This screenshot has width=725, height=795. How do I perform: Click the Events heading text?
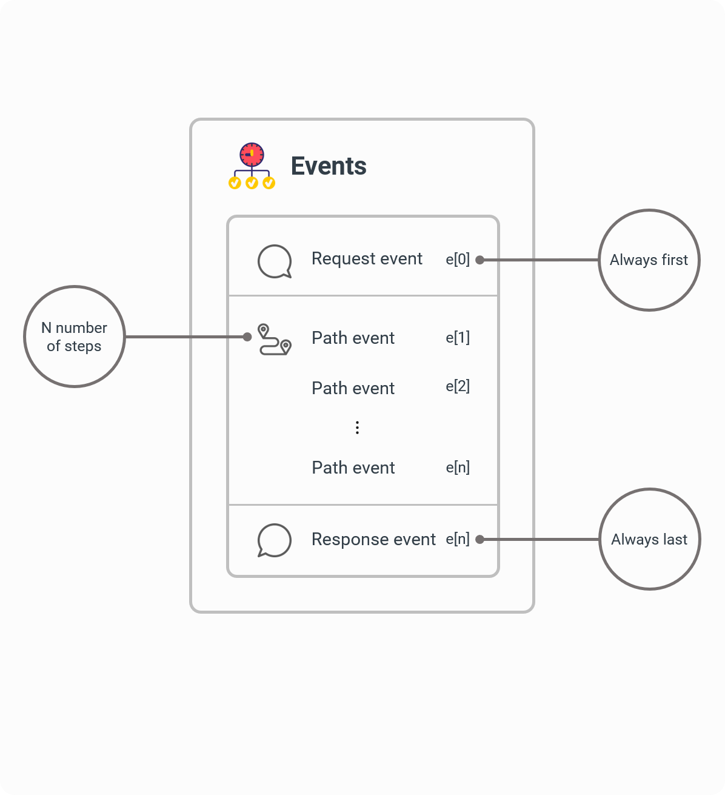click(x=329, y=166)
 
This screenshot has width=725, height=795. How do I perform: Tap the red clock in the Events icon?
click(x=252, y=154)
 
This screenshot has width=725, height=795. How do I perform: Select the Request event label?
click(x=367, y=259)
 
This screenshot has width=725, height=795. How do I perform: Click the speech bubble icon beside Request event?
click(x=275, y=261)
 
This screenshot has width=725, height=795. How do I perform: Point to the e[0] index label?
click(x=458, y=260)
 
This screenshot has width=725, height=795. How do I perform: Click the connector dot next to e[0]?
click(x=479, y=260)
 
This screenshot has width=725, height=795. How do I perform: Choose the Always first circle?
click(x=649, y=260)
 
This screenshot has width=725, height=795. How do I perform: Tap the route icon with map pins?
click(x=275, y=339)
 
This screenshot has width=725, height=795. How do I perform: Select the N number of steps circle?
click(x=74, y=337)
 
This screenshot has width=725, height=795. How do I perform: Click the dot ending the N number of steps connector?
click(x=247, y=337)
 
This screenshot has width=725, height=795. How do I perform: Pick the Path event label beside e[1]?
click(x=353, y=338)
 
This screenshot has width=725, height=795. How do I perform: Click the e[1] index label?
click(x=458, y=337)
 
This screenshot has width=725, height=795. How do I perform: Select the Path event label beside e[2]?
click(x=353, y=388)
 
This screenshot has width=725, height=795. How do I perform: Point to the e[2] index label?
click(x=458, y=386)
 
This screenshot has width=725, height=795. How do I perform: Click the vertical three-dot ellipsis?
click(x=358, y=428)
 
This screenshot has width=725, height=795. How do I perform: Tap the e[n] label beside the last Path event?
click(x=458, y=468)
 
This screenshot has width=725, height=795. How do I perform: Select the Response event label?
click(x=373, y=539)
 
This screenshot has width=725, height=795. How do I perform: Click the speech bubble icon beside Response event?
click(x=275, y=540)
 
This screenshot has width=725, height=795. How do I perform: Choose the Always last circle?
click(x=649, y=539)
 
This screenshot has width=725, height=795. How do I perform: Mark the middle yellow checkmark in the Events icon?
click(x=252, y=183)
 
